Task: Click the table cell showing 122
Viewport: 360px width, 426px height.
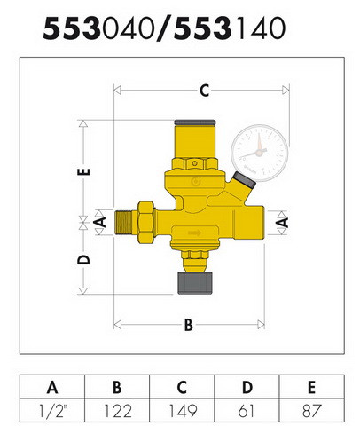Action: pyautogui.click(x=117, y=411)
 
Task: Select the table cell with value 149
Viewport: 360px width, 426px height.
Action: pyautogui.click(x=182, y=411)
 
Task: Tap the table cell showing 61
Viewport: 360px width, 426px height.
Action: pyautogui.click(x=247, y=411)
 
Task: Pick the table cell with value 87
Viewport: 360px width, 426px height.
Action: pyautogui.click(x=311, y=411)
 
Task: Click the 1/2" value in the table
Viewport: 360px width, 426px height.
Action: pyautogui.click(x=52, y=411)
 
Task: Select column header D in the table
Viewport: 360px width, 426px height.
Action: pyautogui.click(x=247, y=387)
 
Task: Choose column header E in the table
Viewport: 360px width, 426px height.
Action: pyautogui.click(x=311, y=387)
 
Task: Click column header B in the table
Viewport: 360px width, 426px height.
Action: pyautogui.click(x=117, y=387)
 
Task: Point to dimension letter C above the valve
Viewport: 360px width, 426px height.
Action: pyautogui.click(x=205, y=91)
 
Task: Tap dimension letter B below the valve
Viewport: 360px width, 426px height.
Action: pyautogui.click(x=189, y=325)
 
